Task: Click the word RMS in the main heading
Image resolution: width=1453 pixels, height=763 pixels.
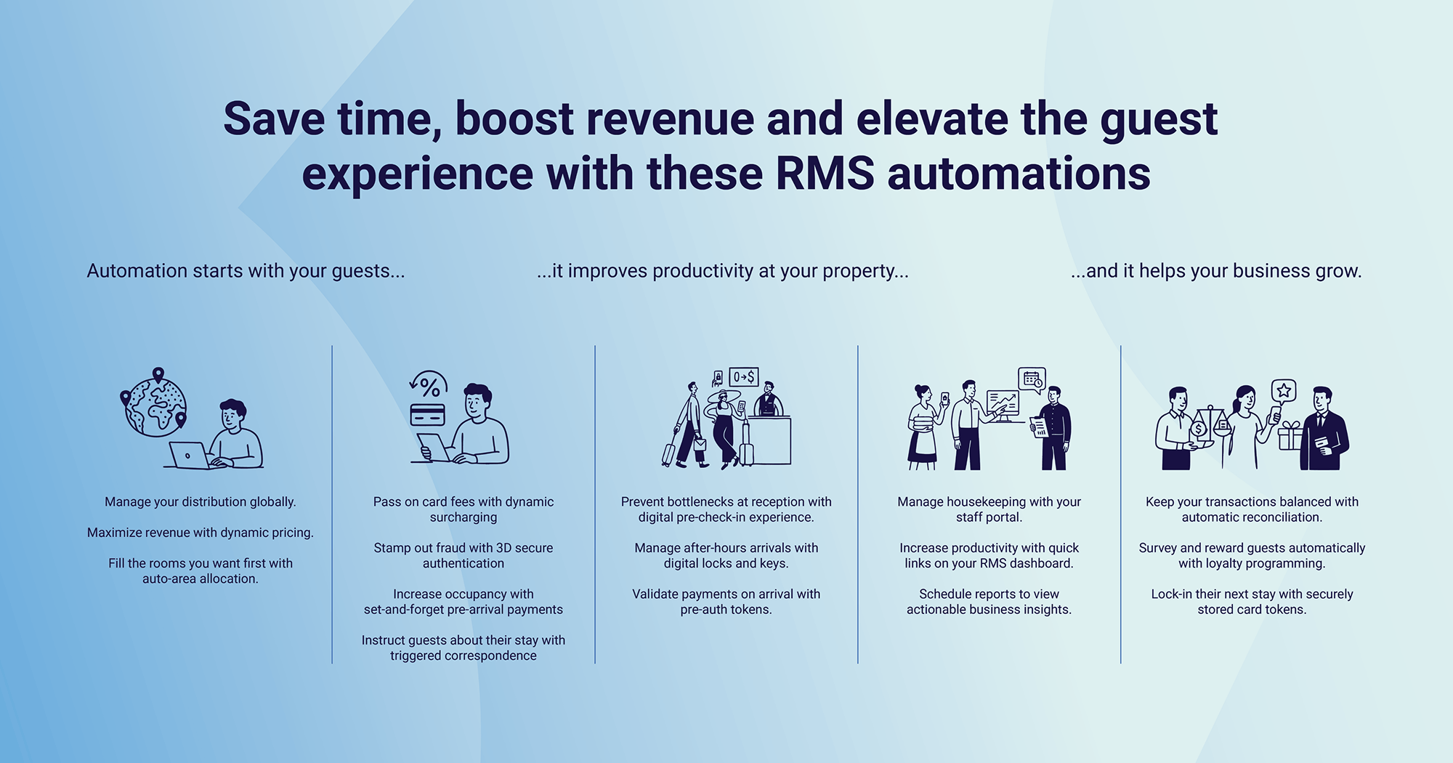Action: pyautogui.click(x=825, y=174)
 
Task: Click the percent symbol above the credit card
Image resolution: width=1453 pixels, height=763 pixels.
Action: pyautogui.click(x=430, y=386)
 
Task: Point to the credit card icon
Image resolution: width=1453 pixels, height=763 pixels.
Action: pyautogui.click(x=427, y=414)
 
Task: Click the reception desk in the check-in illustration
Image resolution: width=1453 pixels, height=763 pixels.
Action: pyautogui.click(x=770, y=440)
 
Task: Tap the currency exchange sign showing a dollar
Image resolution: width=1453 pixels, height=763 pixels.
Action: pyautogui.click(x=743, y=376)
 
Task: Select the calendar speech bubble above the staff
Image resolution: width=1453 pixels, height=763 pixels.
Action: pyautogui.click(x=1032, y=379)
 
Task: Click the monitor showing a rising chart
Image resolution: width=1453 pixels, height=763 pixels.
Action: pyautogui.click(x=1003, y=402)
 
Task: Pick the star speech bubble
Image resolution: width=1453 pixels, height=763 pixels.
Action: pyautogui.click(x=1284, y=391)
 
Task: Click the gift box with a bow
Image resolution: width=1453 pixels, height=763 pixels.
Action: pyautogui.click(x=1290, y=436)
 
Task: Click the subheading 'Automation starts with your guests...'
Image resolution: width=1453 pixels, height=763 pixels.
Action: pyautogui.click(x=246, y=271)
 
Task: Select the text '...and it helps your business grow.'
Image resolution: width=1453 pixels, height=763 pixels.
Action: pyautogui.click(x=1215, y=271)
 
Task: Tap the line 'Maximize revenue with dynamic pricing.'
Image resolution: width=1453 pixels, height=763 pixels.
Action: pyautogui.click(x=201, y=533)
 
